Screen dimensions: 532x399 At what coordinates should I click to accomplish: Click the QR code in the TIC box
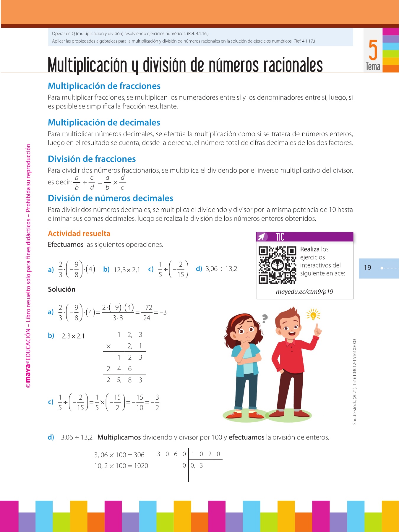277,265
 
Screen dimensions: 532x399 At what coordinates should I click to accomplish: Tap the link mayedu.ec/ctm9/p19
304,292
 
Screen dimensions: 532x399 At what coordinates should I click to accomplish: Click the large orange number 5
373,50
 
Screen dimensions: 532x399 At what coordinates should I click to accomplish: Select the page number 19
367,268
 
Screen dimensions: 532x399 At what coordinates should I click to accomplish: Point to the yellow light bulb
314,315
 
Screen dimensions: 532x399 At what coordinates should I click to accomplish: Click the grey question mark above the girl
265,318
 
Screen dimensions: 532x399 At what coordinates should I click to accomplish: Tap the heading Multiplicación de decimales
104,122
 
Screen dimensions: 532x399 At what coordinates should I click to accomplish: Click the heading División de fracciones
92,159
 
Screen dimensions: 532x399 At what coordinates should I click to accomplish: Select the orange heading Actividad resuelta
79,233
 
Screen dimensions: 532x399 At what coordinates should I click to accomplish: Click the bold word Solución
62,289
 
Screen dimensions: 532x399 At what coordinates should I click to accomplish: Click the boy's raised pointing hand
317,330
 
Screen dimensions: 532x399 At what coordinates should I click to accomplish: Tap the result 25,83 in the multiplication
124,380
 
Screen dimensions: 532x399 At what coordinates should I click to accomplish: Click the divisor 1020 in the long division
206,454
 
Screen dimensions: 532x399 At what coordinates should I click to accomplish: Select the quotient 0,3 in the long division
197,465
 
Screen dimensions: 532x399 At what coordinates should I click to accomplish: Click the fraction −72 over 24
147,313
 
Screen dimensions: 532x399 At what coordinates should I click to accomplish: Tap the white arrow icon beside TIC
262,237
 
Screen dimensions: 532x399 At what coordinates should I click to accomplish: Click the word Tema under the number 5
373,66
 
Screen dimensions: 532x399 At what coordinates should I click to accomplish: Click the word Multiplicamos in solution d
119,437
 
